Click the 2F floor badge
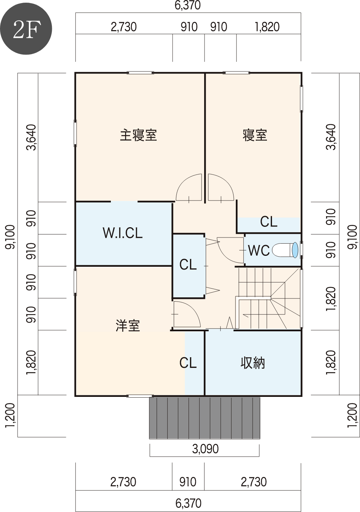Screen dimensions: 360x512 coord(26,29)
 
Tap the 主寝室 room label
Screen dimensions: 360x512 coord(138,135)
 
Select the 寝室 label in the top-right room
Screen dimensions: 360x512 coord(255,135)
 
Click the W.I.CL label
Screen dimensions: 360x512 coord(123,233)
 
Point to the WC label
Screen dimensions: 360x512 coord(259,250)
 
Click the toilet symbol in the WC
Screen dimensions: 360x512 coord(285,250)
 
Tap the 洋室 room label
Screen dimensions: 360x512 coord(128,326)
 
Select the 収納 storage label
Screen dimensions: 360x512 coord(253,363)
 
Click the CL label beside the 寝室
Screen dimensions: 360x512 coord(269,222)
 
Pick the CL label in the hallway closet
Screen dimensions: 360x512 coord(188,265)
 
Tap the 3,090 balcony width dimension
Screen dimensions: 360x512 coord(205,449)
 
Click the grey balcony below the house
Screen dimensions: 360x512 coord(205,418)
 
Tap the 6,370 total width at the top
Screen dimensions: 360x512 coord(188,5)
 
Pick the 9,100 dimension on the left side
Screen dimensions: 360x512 coord(11,237)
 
